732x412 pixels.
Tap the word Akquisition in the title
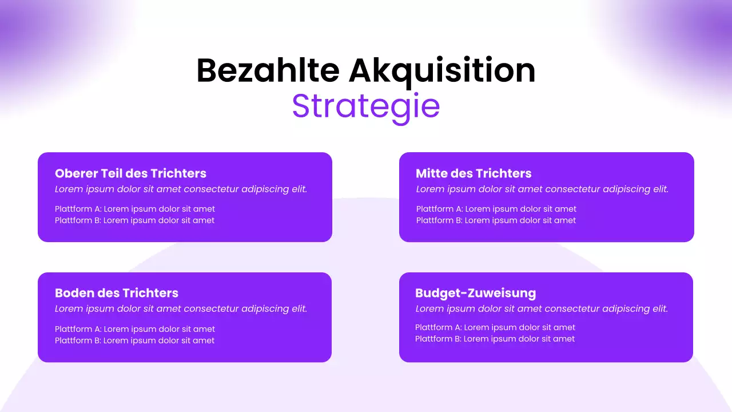tap(442, 71)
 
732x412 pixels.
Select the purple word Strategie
tap(366, 106)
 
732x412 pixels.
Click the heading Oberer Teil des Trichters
tap(130, 173)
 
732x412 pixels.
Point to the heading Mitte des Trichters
tap(474, 173)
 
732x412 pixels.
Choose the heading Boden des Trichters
tap(117, 293)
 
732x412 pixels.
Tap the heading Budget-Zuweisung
tap(475, 293)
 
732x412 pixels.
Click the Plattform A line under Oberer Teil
tap(135, 209)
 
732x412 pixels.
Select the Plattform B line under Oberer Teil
tap(135, 220)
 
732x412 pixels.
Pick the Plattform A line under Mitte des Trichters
tap(496, 209)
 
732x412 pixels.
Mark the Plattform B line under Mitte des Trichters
tap(496, 220)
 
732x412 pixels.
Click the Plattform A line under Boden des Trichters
tap(135, 329)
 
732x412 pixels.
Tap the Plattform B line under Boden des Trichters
tap(135, 340)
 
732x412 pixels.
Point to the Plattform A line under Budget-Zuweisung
tap(495, 327)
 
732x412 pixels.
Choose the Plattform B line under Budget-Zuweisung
tap(495, 339)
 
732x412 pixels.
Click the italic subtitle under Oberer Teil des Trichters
tap(181, 189)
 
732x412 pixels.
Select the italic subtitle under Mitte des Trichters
tap(542, 189)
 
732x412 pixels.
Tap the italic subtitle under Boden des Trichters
tap(181, 309)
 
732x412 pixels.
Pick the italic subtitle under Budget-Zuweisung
tap(542, 309)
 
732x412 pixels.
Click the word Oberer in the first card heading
tap(76, 173)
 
